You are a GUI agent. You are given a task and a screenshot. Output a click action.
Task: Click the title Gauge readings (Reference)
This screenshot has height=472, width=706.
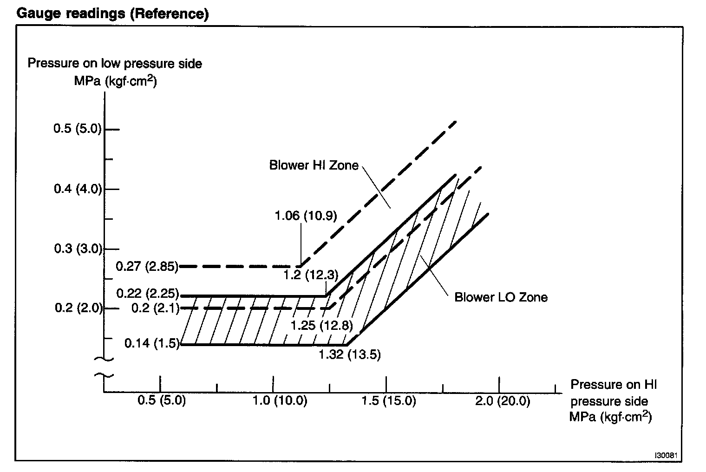click(112, 14)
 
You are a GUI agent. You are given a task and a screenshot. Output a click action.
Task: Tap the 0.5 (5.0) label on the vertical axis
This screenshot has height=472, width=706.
click(78, 129)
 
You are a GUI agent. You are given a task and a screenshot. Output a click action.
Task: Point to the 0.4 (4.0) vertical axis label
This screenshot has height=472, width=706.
click(78, 189)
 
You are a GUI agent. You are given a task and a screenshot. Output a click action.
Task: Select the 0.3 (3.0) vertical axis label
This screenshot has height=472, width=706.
click(78, 249)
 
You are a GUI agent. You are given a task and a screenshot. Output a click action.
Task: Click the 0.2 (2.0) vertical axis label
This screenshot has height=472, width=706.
click(78, 308)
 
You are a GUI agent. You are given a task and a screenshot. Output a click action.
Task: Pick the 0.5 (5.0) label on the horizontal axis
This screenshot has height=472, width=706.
click(161, 400)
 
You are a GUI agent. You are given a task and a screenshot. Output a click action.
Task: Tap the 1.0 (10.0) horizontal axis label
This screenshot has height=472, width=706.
click(280, 400)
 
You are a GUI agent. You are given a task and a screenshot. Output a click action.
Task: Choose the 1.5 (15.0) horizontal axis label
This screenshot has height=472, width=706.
click(388, 400)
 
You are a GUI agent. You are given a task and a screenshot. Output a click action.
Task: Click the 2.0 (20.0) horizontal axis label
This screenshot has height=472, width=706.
click(502, 400)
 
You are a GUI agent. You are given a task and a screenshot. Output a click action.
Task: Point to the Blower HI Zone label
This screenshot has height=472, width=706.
click(314, 165)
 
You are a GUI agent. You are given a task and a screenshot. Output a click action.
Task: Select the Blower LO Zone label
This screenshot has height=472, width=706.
click(501, 297)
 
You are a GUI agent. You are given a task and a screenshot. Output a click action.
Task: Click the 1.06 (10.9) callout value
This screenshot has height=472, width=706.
click(306, 216)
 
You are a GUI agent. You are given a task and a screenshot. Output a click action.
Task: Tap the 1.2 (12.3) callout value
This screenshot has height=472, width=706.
click(311, 275)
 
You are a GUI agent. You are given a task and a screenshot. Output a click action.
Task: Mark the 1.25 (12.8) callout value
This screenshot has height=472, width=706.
click(321, 325)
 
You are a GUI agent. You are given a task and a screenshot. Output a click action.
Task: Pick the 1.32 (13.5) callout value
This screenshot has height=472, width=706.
click(349, 355)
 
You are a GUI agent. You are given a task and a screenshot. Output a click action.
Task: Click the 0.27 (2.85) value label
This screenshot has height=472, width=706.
click(147, 267)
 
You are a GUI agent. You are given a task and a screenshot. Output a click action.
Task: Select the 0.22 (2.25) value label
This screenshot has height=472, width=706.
click(147, 294)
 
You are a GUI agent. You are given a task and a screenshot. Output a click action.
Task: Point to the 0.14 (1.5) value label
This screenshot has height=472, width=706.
click(151, 344)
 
